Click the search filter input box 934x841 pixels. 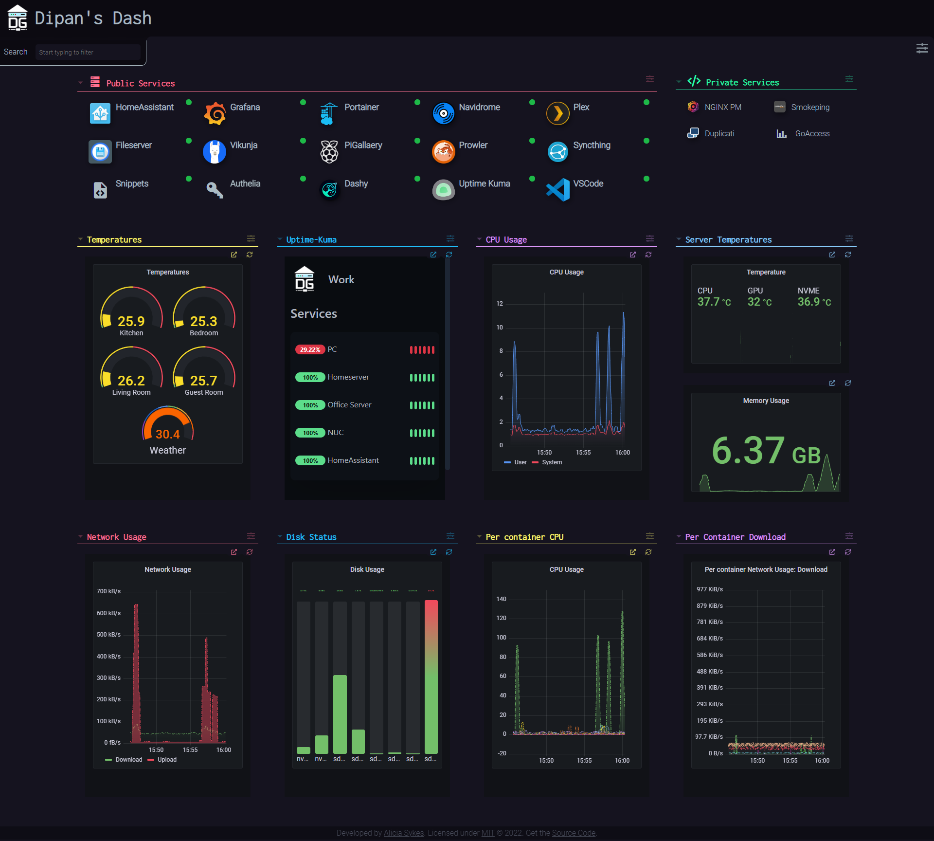coord(88,52)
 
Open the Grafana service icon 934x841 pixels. coord(215,113)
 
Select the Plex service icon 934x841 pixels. coord(557,113)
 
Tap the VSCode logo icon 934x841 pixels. coord(557,190)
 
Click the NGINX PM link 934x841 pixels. coord(722,107)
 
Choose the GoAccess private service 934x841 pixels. coord(812,133)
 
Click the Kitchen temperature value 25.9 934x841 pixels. coord(131,321)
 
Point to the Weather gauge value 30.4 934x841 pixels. coord(167,434)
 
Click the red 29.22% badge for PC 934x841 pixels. coord(310,349)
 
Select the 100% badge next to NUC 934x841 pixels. coord(310,433)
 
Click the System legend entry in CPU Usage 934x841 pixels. coord(551,462)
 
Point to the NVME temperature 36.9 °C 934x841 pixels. coord(813,302)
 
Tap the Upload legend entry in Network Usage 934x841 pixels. coord(166,760)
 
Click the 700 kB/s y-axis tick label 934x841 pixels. coord(108,591)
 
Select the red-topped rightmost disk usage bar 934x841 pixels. coord(431,676)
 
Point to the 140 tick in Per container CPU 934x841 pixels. coord(501,599)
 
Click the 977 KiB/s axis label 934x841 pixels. coord(709,589)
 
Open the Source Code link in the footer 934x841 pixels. coord(574,833)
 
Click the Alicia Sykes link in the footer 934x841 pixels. coord(403,833)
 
